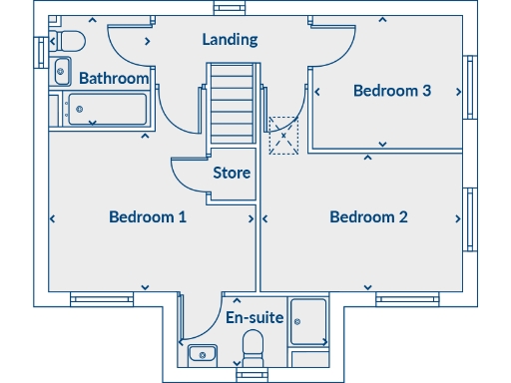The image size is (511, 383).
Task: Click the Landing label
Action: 230,40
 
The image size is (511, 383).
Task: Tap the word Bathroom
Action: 114,78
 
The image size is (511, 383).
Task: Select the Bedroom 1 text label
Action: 148,216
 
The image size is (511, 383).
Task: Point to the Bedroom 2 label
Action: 368,216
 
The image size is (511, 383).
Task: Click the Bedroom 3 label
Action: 392,91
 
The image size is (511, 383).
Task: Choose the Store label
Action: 232,173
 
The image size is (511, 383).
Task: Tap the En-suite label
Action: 254,318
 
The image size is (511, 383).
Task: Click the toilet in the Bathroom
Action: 67,41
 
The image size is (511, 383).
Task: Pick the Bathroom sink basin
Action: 61,71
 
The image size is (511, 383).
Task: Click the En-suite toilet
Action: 254,350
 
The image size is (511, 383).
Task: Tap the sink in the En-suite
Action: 203,353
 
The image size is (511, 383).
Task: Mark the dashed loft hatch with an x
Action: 284,135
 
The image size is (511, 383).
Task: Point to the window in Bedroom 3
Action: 467,90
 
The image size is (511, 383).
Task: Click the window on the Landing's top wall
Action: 231,8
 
